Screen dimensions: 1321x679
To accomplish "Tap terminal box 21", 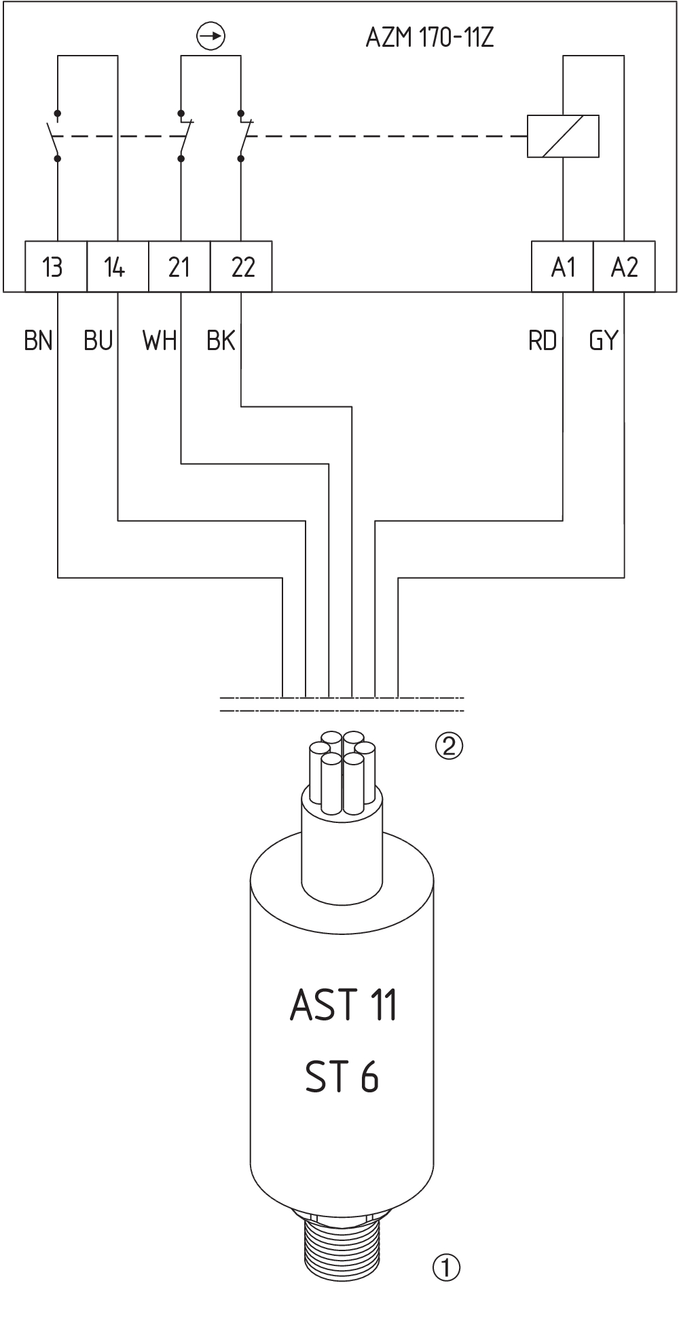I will point(179,267).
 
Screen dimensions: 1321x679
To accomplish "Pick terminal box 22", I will point(241,267).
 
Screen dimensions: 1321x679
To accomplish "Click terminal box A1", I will point(562,267).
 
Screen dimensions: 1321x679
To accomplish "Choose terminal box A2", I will point(624,267).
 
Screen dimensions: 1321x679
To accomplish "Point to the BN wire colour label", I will point(38,340).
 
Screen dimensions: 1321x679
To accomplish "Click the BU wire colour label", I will point(98,340).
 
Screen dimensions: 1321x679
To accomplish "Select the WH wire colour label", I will point(160,340).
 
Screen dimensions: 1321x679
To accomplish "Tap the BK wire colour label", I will point(221,340).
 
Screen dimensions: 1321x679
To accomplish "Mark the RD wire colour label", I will point(542,340).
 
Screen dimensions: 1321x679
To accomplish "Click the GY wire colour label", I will point(604,340).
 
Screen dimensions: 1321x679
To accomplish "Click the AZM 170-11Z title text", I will point(430,38).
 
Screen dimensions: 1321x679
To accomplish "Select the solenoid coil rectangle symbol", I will point(563,136).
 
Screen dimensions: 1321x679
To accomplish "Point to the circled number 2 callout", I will point(449,746).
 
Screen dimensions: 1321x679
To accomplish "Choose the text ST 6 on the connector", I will point(342,1077).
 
